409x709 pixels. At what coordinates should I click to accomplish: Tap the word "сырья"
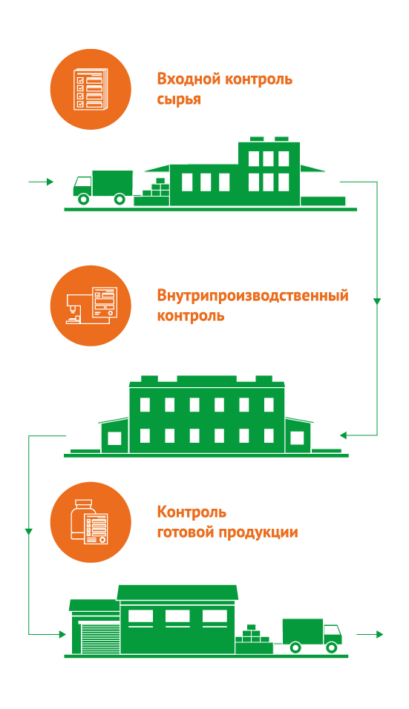coord(179,99)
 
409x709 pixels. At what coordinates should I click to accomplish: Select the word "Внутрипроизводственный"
coord(252,295)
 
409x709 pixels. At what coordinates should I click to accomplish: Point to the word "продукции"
coord(258,532)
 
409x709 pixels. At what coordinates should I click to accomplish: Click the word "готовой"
coord(186,532)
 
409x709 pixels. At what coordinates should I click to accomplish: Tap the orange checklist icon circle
coord(91,89)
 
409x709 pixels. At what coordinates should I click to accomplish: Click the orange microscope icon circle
coord(91,306)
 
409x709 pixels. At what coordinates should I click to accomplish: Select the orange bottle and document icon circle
coord(91,522)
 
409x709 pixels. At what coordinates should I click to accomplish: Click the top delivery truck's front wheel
coord(83,199)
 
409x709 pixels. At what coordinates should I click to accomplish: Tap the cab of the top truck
coord(82,186)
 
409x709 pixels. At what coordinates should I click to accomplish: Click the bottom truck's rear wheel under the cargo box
coord(295,647)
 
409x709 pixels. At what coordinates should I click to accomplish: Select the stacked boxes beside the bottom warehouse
coord(253,639)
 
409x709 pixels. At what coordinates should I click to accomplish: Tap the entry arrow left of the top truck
coord(41,182)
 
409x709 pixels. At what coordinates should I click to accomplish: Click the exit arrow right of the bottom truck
coord(370,634)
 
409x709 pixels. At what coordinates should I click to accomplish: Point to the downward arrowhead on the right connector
coord(377,301)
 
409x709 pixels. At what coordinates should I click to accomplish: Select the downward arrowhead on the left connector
coord(29,531)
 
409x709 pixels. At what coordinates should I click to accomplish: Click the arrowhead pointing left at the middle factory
coord(343,435)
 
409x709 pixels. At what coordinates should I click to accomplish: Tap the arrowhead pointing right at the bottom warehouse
coord(62,634)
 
